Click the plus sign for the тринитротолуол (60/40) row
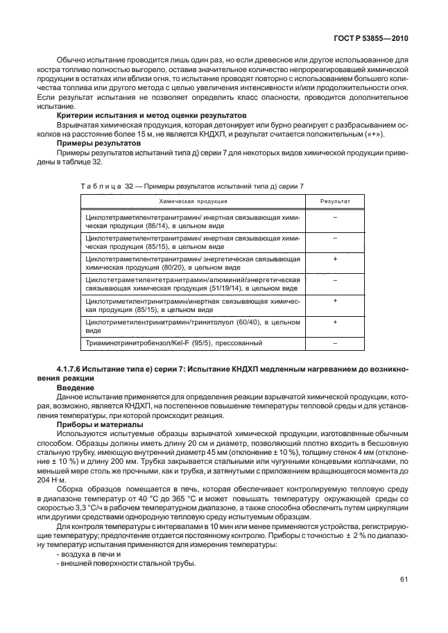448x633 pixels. click(334, 322)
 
